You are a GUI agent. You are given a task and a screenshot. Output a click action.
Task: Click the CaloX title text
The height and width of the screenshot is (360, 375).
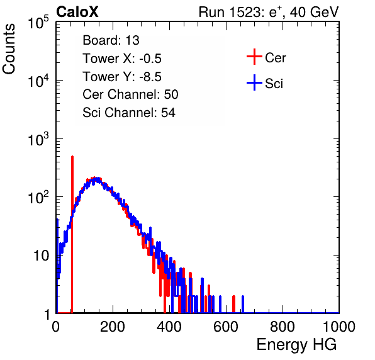77,12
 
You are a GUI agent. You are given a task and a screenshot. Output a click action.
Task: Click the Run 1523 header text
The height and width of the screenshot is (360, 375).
269,12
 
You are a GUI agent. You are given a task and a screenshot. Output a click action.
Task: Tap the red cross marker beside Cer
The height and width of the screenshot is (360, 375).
254,57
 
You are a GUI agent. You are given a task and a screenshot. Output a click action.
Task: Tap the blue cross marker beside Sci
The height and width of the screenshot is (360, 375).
254,82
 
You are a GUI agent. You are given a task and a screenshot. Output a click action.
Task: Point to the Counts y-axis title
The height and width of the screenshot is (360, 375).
9,49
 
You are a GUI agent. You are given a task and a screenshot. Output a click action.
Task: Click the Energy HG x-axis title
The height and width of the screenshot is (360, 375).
296,345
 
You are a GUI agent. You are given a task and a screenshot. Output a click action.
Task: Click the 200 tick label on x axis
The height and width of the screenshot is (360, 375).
113,327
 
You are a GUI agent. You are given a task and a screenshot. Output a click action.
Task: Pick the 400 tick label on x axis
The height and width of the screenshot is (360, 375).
169,327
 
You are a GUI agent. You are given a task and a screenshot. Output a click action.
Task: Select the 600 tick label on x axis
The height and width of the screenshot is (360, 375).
226,327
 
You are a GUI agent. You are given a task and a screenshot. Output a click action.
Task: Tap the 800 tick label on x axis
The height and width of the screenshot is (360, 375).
283,327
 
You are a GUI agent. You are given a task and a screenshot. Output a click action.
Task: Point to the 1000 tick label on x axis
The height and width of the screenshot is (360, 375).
339,327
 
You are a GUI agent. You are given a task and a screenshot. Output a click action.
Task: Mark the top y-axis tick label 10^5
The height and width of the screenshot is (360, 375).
38,22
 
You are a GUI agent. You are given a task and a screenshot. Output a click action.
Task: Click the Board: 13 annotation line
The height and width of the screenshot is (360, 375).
111,40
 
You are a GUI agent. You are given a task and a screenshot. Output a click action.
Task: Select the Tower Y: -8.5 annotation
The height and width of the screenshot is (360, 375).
122,77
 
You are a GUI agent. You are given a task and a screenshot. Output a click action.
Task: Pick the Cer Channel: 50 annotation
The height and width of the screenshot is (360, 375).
130,94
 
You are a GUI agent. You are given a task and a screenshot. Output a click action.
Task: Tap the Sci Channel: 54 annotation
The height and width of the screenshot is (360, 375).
129,113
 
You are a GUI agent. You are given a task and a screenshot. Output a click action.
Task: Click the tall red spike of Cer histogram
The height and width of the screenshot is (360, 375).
72,234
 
